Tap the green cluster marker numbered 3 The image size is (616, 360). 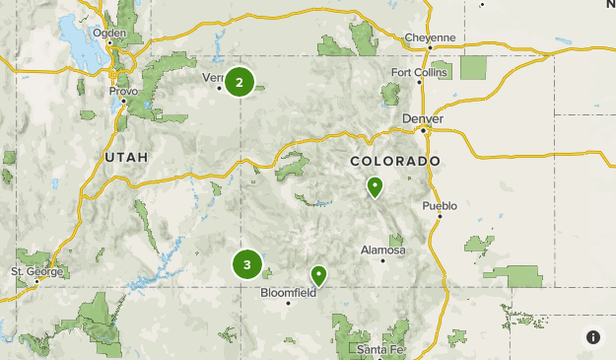[x=246, y=264]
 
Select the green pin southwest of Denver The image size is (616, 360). [x=375, y=186]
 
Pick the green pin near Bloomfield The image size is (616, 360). [x=318, y=275]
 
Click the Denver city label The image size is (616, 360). [x=423, y=118]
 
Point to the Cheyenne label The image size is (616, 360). [x=431, y=38]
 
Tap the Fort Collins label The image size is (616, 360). [x=419, y=72]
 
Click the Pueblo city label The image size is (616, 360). [x=440, y=206]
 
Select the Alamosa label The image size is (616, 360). [x=382, y=251]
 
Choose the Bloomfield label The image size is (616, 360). [x=288, y=292]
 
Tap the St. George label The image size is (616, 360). [x=37, y=271]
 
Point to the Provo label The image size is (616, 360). [x=123, y=91]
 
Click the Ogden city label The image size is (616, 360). [x=109, y=33]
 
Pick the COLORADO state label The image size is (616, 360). [x=395, y=161]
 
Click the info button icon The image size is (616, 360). [x=592, y=336]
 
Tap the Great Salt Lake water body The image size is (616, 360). [x=77, y=39]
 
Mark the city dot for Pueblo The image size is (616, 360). [x=440, y=217]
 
